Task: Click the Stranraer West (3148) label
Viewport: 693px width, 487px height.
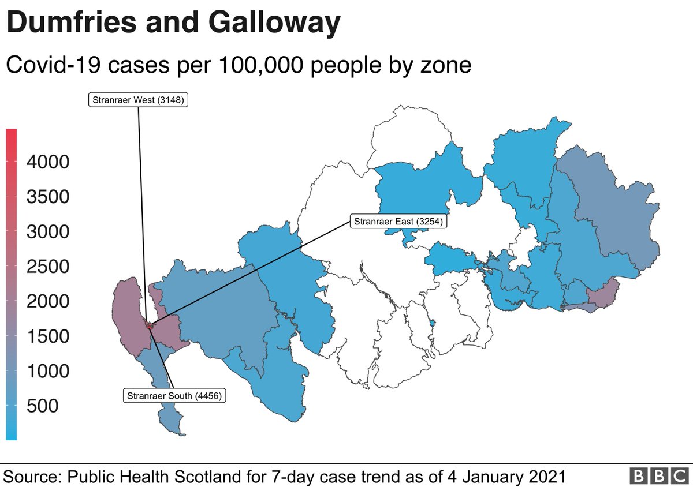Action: pos(139,100)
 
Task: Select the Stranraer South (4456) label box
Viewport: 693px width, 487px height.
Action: pos(174,396)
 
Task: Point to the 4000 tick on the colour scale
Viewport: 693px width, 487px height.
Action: pos(48,162)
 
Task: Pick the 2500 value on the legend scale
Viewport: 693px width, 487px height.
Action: pos(48,267)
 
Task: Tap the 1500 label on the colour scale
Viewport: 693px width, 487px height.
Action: pos(48,336)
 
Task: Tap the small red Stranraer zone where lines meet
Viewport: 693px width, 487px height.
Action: pos(150,326)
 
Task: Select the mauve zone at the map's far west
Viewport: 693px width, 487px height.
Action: pos(127,312)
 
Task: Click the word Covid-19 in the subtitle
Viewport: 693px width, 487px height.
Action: pos(50,65)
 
